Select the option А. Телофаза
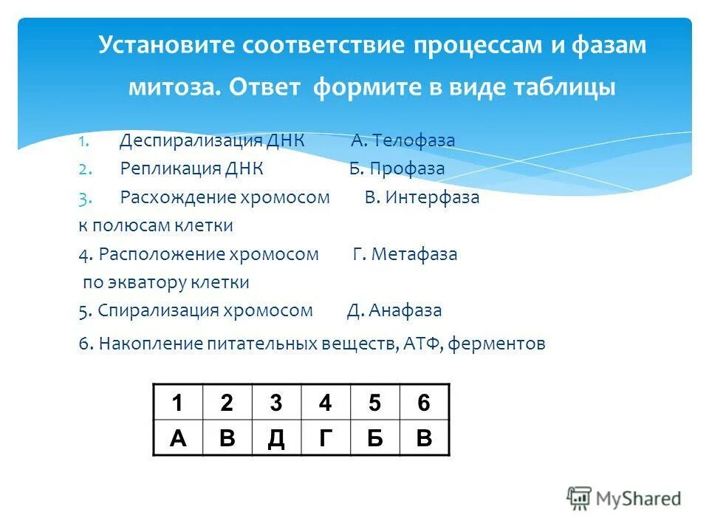click(x=403, y=140)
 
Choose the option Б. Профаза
click(x=397, y=168)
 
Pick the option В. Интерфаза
click(x=422, y=197)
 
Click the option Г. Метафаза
click(x=405, y=254)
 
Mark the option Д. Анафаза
click(x=394, y=310)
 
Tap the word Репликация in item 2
click(x=162, y=168)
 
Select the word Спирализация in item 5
click(x=159, y=310)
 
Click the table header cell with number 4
click(x=326, y=403)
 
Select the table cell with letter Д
click(x=276, y=438)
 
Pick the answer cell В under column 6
click(x=424, y=438)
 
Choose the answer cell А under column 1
click(x=177, y=438)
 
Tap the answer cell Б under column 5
click(x=374, y=438)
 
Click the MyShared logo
click(x=624, y=499)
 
